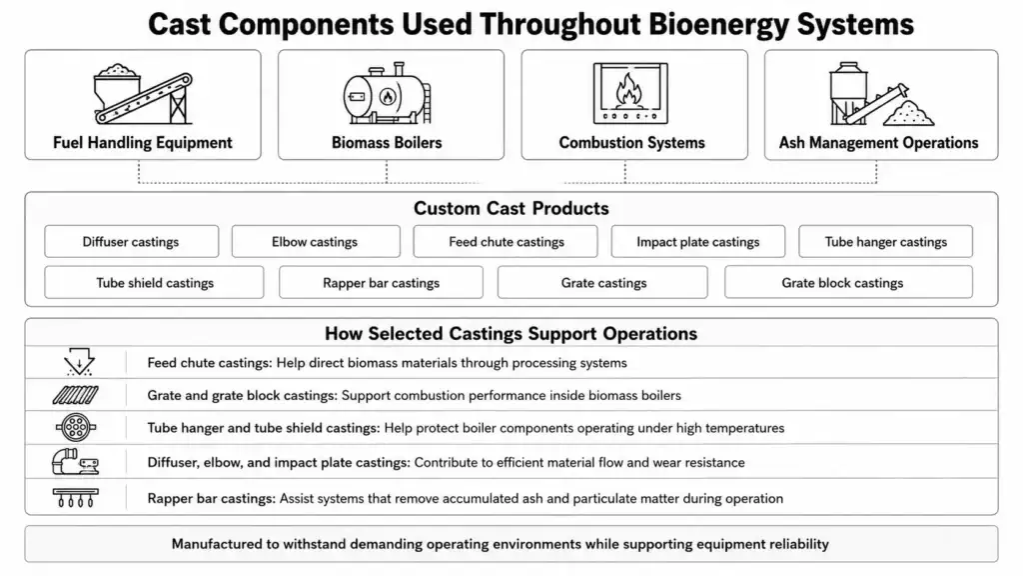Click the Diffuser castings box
click(x=131, y=242)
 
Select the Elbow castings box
click(x=315, y=242)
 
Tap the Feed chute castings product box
click(x=506, y=242)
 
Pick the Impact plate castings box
click(x=698, y=242)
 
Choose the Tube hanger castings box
click(x=885, y=242)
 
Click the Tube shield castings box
click(x=154, y=282)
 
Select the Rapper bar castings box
click(x=381, y=282)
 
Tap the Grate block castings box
click(x=848, y=282)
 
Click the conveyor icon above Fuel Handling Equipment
click(x=143, y=94)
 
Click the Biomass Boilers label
click(x=387, y=142)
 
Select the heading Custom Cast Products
click(x=511, y=208)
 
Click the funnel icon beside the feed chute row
click(x=79, y=362)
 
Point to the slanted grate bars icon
click(x=76, y=395)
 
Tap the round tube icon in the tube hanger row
click(x=76, y=428)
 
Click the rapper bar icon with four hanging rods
click(x=76, y=498)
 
